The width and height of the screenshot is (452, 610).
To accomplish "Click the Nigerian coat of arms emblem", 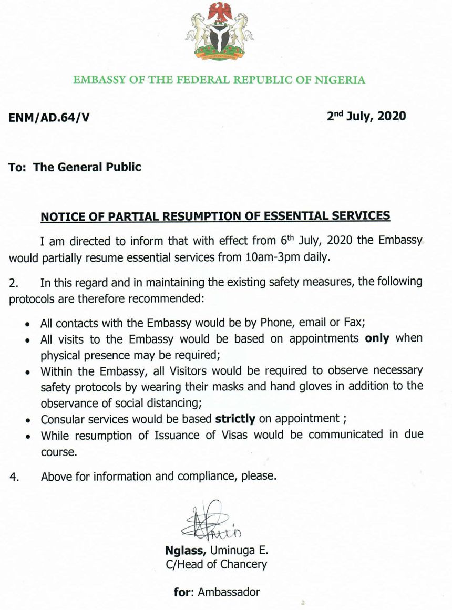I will click(219, 32).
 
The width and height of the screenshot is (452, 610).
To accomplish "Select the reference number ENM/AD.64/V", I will click(49, 118).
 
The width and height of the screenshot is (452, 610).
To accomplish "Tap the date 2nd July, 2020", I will click(366, 116).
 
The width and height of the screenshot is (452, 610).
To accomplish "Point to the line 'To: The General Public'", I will click(75, 167).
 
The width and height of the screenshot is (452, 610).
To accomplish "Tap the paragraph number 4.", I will click(14, 478).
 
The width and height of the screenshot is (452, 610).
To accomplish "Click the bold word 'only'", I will click(377, 338).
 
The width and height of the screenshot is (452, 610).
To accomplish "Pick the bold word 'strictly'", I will click(235, 419).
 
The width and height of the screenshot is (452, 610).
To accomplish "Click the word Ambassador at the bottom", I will click(230, 592).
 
